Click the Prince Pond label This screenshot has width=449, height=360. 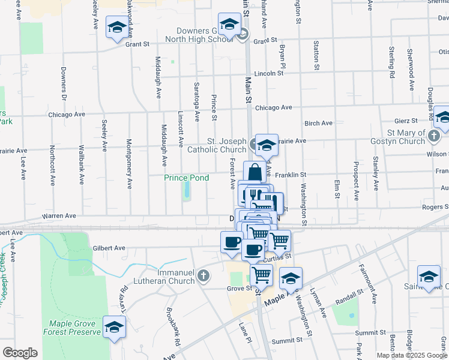[187, 178]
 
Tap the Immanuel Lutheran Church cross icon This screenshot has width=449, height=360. [203, 276]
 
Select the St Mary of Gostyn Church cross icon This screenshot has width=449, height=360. [434, 136]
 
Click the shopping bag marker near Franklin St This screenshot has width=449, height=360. [255, 172]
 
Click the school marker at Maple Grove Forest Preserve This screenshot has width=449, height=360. [114, 326]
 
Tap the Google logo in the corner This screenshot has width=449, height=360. [20, 352]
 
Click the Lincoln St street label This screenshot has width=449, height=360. [268, 73]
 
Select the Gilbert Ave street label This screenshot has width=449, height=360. [109, 248]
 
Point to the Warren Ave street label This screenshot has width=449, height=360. [59, 215]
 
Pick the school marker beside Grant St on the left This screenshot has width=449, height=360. [117, 26]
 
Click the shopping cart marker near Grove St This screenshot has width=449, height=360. [261, 275]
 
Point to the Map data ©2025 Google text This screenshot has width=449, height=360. [412, 355]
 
